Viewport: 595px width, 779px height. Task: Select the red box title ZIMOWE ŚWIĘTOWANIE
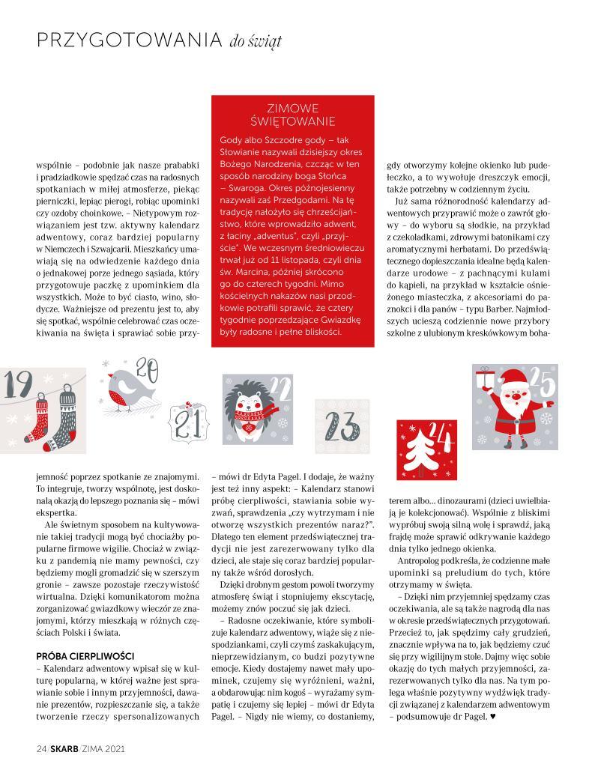pos(293,114)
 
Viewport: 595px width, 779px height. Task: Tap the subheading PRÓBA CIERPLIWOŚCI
pos(85,655)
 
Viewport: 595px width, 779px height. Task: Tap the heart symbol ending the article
pos(492,717)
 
